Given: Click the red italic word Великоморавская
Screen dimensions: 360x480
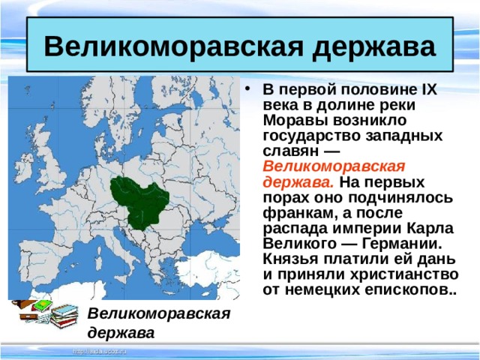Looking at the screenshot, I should coord(334,166).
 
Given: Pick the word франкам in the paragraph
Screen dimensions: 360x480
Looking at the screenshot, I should coord(294,213).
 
